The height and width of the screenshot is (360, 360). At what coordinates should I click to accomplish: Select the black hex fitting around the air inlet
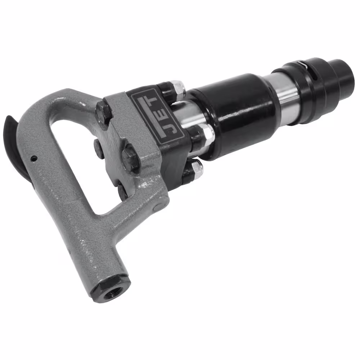click(x=111, y=290)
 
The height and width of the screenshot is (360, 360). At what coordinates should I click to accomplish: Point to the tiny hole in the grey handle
click(x=34, y=158)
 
